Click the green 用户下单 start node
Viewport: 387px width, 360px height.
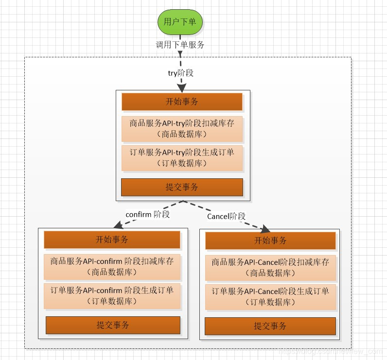tap(180, 22)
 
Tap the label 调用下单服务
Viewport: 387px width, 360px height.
tap(180, 45)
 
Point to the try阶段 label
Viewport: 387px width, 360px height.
tap(180, 73)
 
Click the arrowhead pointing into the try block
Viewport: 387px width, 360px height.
tap(181, 88)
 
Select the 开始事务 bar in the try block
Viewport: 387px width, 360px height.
tap(182, 102)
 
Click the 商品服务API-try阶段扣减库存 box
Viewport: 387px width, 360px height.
tap(182, 128)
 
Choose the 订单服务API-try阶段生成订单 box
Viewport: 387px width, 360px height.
tap(182, 158)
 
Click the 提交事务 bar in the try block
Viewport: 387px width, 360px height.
tap(182, 187)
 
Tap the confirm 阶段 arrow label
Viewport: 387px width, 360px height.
tap(147, 214)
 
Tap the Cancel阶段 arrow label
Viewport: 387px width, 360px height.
tap(226, 216)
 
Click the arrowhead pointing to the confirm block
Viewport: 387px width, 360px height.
tap(117, 225)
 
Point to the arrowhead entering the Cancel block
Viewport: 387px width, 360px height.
tap(265, 228)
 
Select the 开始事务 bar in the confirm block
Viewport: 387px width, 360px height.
tap(112, 240)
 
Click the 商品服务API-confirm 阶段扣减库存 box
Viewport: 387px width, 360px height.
tap(112, 266)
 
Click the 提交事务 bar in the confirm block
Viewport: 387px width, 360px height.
tap(113, 325)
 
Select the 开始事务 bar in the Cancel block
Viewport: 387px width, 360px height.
tap(270, 240)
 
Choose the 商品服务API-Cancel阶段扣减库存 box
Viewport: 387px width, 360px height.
tap(270, 267)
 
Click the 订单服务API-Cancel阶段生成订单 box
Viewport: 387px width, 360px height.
tap(270, 297)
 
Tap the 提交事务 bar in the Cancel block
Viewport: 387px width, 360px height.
tap(270, 326)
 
